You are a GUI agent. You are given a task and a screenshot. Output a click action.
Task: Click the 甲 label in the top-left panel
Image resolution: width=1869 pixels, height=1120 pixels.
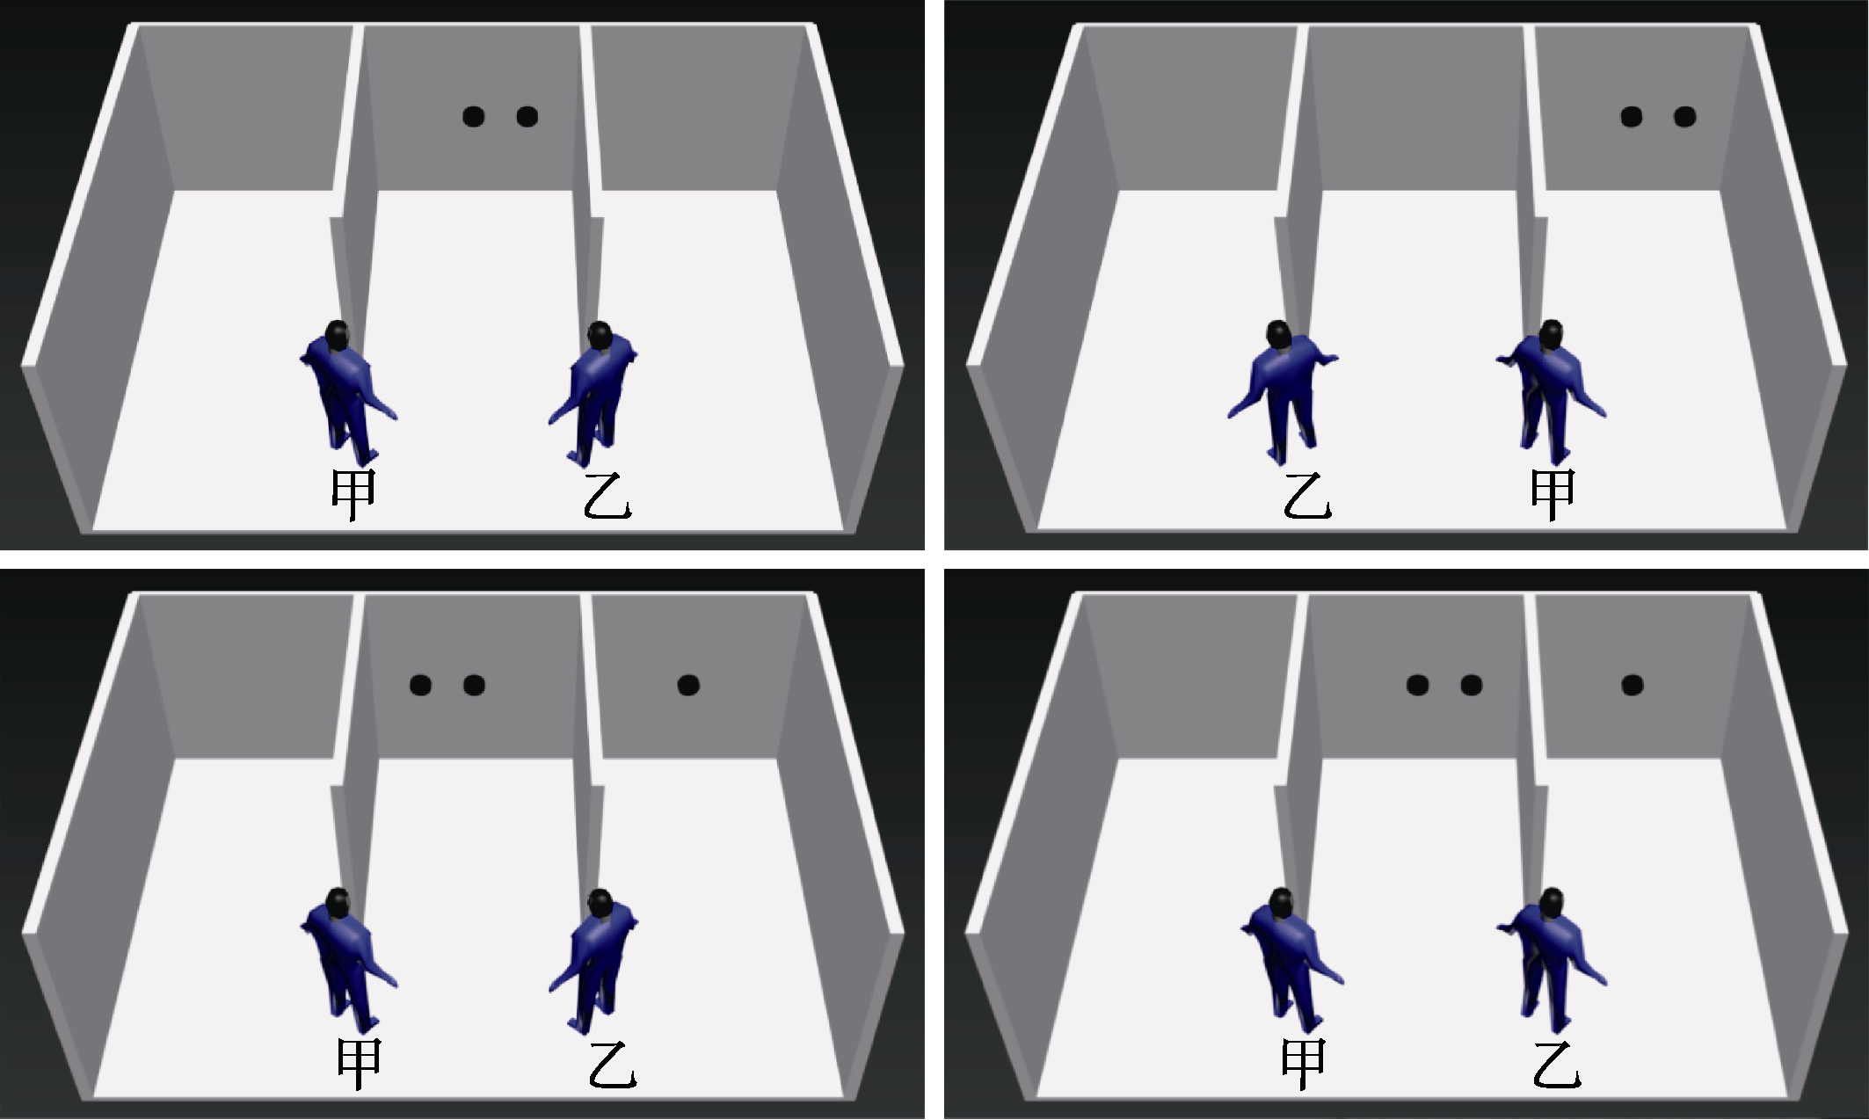pyautogui.click(x=353, y=495)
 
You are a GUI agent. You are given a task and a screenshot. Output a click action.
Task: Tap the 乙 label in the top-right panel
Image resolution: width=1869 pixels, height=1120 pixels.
pyautogui.click(x=1306, y=496)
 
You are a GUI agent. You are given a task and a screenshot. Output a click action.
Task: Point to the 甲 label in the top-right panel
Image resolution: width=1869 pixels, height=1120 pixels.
pyautogui.click(x=1553, y=495)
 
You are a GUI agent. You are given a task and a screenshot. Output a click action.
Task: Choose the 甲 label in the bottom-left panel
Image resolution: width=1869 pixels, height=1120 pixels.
pyautogui.click(x=360, y=1064)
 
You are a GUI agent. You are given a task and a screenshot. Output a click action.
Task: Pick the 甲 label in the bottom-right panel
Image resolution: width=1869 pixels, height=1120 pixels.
pyautogui.click(x=1303, y=1064)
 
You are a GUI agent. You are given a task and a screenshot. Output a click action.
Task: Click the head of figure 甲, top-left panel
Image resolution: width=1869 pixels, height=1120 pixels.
pyautogui.click(x=337, y=334)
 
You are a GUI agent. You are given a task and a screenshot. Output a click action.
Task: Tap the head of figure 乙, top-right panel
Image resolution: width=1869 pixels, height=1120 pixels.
pyautogui.click(x=1279, y=334)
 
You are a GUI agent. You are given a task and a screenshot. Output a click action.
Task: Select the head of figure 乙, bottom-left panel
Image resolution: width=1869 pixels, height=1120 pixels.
pyautogui.click(x=600, y=902)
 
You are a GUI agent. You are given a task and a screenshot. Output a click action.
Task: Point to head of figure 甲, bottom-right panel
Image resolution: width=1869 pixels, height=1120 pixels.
pyautogui.click(x=1282, y=902)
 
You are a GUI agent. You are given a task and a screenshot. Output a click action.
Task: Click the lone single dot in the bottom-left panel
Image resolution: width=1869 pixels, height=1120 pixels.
pyautogui.click(x=688, y=685)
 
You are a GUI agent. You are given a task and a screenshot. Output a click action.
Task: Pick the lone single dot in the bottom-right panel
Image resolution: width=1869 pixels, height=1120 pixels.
pyautogui.click(x=1633, y=685)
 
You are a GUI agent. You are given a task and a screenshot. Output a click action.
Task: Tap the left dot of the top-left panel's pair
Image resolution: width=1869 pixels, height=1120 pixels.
pyautogui.click(x=473, y=116)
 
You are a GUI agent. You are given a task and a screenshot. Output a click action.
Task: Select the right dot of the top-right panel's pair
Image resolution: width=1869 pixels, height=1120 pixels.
pyautogui.click(x=1684, y=116)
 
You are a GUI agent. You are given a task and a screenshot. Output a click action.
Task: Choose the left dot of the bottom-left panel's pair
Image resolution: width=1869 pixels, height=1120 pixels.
pyautogui.click(x=420, y=685)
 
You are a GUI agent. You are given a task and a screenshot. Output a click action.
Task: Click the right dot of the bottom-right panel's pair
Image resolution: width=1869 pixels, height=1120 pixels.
pyautogui.click(x=1471, y=685)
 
